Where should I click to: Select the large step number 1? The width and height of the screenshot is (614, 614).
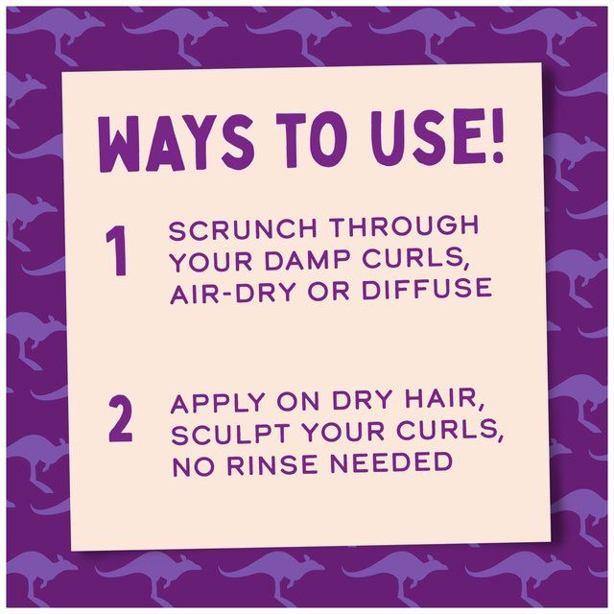click(x=118, y=254)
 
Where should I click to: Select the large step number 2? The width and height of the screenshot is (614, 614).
click(x=120, y=421)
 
